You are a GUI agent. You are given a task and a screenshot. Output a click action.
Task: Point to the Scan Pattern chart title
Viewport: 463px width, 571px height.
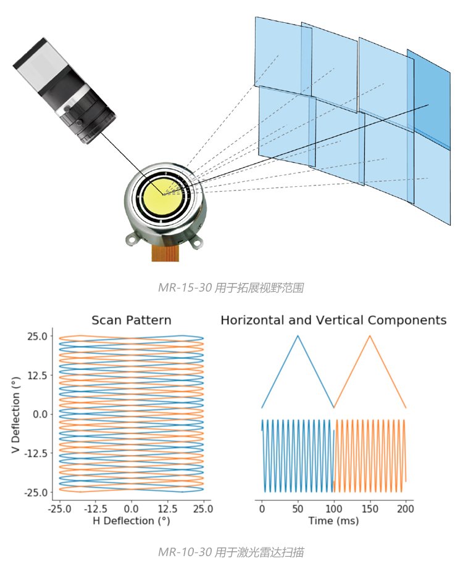(x=131, y=321)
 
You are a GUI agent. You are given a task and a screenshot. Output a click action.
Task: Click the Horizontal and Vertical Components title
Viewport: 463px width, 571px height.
(x=333, y=321)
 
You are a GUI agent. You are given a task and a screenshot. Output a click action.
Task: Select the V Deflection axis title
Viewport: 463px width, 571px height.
(x=17, y=414)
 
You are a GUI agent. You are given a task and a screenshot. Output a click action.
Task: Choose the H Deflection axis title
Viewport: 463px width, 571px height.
(x=131, y=522)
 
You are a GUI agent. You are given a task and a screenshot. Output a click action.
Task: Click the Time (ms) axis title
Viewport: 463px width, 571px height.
(x=333, y=522)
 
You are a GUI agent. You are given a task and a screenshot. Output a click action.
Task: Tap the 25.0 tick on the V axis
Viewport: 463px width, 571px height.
(x=36, y=337)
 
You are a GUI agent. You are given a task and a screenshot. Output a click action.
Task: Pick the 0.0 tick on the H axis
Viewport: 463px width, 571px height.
(x=131, y=510)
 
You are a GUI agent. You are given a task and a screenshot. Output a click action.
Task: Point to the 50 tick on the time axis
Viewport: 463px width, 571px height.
(x=298, y=510)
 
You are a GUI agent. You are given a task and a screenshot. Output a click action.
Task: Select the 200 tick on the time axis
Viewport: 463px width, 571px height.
(x=406, y=510)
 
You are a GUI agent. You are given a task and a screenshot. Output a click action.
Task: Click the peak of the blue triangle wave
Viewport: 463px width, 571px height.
(x=298, y=336)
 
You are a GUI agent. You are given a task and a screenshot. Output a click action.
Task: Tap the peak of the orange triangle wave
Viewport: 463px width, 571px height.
(x=370, y=336)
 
